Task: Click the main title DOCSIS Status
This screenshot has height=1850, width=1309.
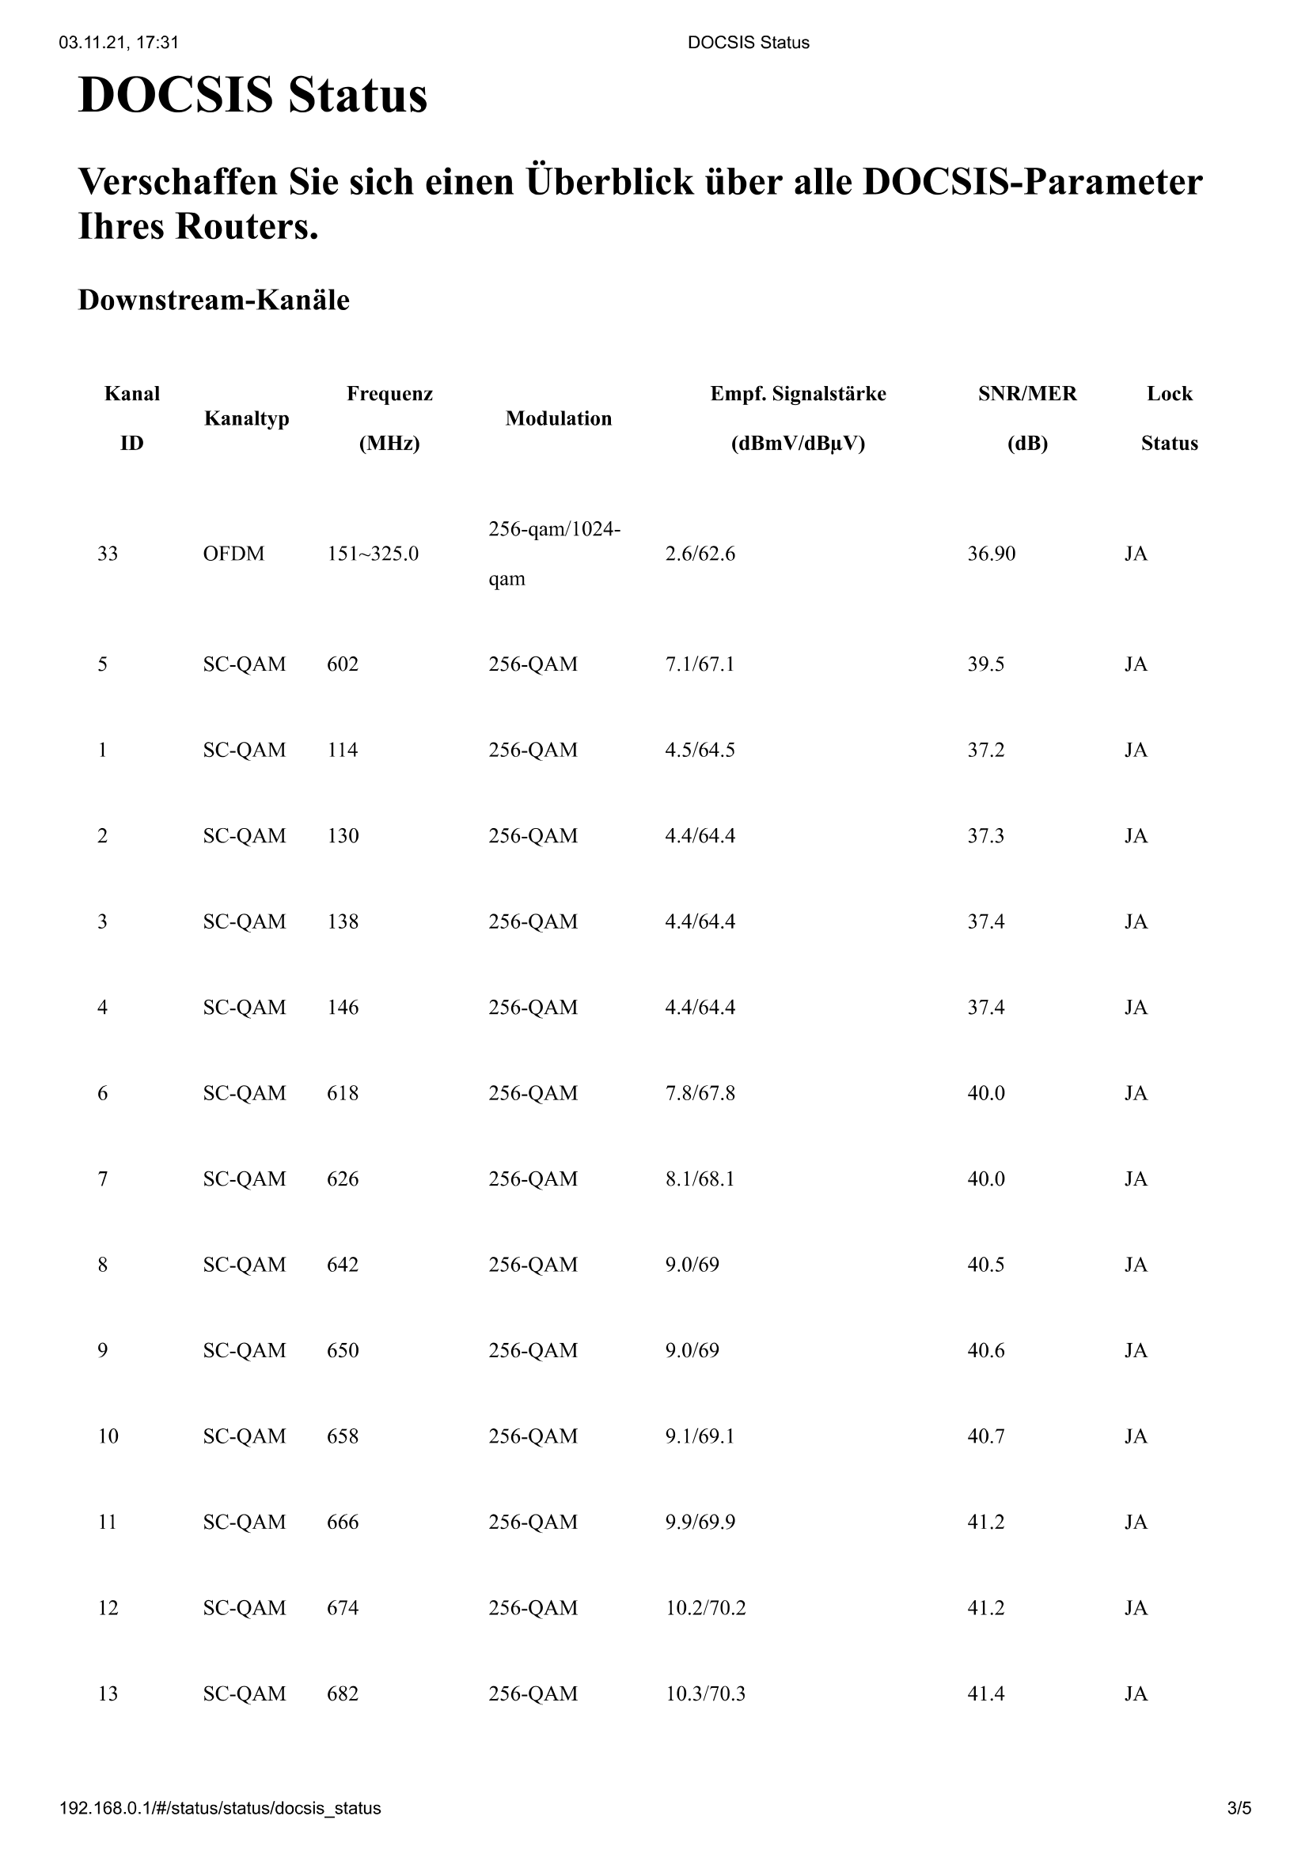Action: tap(252, 95)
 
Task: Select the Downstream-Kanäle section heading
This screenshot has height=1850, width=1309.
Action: tap(214, 300)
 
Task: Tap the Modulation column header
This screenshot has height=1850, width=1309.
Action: tap(558, 418)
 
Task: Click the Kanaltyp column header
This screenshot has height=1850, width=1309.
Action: tap(246, 418)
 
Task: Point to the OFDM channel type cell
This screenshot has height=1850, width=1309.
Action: tap(233, 554)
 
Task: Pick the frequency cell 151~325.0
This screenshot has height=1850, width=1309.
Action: tap(373, 554)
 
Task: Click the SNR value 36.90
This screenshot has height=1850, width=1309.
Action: tap(991, 554)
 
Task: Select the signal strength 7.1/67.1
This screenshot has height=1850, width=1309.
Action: tap(699, 664)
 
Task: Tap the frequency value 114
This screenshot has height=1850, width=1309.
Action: tap(342, 750)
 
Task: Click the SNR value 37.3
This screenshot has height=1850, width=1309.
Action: tap(985, 835)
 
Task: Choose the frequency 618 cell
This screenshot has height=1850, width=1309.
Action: tap(342, 1093)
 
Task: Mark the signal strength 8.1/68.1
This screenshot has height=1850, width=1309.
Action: tap(699, 1178)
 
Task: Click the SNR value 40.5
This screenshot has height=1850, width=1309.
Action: tap(985, 1264)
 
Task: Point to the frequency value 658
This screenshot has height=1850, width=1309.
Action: tap(342, 1436)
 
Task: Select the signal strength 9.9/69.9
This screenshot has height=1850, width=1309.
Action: tap(700, 1522)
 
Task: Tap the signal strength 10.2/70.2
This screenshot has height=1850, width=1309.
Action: tap(704, 1607)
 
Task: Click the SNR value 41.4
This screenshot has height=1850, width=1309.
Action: tap(985, 1693)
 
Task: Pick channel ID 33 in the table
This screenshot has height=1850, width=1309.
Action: tap(107, 554)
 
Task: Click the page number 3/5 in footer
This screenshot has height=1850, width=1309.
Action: tap(1239, 1808)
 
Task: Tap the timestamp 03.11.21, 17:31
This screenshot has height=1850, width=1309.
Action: tap(119, 43)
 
